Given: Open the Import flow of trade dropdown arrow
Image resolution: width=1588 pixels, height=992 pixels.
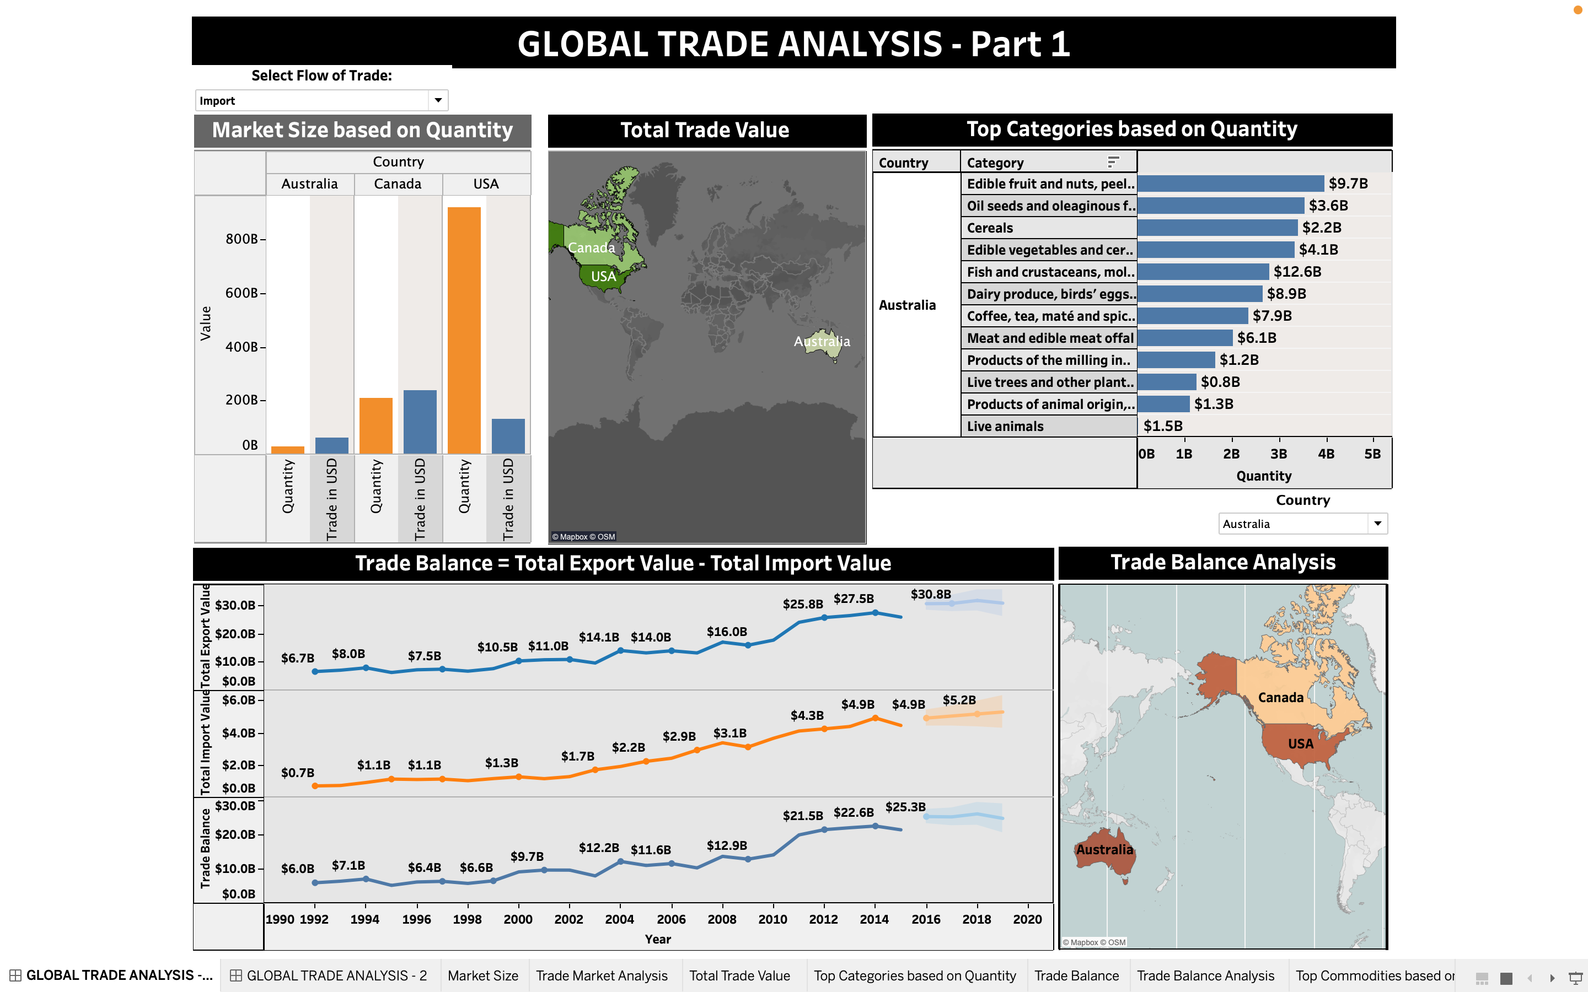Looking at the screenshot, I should tap(438, 100).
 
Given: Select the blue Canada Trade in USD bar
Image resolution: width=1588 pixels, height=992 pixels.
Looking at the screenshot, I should tap(420, 421).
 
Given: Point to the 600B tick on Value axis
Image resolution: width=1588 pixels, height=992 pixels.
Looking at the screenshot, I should tap(242, 293).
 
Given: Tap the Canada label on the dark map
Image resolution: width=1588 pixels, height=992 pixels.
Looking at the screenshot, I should tap(591, 248).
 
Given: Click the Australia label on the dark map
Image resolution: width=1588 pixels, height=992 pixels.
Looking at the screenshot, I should tap(822, 342).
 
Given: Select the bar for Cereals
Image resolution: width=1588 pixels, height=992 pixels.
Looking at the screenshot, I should tap(1217, 228).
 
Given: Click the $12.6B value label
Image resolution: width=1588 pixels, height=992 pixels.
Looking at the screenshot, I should tap(1297, 272).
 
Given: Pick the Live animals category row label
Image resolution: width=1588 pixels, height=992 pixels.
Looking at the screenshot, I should tap(1005, 427).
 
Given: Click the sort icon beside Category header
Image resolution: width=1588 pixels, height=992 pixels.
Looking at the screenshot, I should tap(1113, 162).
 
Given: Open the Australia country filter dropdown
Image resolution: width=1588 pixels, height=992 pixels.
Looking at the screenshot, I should tap(1377, 524).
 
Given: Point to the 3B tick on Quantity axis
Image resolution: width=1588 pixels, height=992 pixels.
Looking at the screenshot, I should tap(1278, 454).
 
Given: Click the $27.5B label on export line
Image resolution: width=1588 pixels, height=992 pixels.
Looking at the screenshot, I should tap(853, 599).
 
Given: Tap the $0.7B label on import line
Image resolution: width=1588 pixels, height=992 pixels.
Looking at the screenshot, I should tap(297, 773).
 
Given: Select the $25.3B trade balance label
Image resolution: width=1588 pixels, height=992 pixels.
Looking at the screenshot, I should tap(905, 807).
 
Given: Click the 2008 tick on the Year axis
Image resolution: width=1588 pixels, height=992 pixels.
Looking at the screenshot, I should tap(722, 919).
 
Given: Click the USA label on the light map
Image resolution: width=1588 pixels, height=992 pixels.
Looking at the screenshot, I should tap(1300, 744).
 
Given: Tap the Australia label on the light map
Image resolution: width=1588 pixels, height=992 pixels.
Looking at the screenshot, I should tap(1104, 850).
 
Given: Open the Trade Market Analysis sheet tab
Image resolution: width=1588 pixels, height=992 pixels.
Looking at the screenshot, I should tap(601, 975).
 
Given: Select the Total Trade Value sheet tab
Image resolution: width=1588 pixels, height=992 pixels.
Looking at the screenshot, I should tap(739, 975).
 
